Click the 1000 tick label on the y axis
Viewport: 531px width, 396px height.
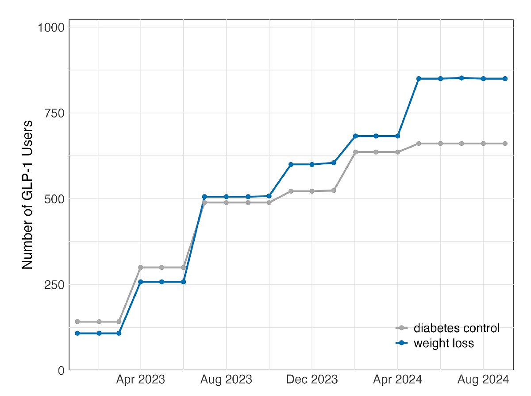[51, 28]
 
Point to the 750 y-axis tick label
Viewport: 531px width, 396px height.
[54, 113]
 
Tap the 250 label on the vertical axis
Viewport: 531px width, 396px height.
[54, 285]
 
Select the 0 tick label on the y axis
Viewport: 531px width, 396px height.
[62, 371]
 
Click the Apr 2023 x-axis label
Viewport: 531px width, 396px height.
[141, 380]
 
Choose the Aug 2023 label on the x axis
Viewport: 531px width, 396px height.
[226, 380]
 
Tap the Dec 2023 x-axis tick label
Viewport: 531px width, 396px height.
[312, 380]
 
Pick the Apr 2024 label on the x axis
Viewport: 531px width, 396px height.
[398, 380]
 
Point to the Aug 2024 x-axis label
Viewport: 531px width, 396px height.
[483, 380]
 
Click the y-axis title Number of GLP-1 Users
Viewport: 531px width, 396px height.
[27, 195]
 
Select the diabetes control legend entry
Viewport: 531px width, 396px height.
[447, 328]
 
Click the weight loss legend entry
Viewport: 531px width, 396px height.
[435, 343]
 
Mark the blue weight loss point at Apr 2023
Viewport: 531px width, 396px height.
[141, 282]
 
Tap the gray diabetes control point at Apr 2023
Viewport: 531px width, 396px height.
[141, 267]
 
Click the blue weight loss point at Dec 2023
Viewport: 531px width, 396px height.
[312, 164]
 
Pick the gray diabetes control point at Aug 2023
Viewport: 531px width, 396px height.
[226, 202]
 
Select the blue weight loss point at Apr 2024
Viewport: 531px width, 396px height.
[398, 136]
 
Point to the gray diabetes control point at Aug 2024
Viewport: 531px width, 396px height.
[483, 144]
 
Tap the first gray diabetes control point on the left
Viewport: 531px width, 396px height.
[77, 322]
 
